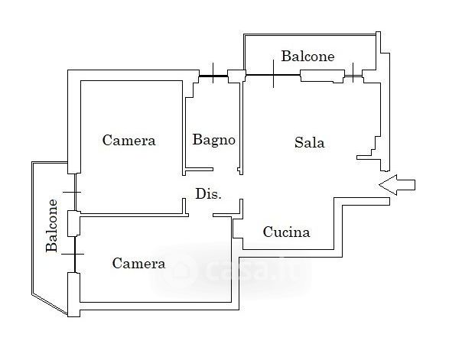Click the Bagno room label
point(213,140)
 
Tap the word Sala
point(310,142)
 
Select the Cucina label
point(286,232)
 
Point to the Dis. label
point(208,194)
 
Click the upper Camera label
point(129,140)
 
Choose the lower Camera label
point(138,264)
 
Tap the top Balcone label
point(307,57)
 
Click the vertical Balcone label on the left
point(53,226)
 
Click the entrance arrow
point(397,183)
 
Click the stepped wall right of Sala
point(375,138)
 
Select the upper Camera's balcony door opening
point(73,191)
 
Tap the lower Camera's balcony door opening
point(73,253)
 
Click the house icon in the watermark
point(182,271)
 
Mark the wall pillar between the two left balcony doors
point(73,222)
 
